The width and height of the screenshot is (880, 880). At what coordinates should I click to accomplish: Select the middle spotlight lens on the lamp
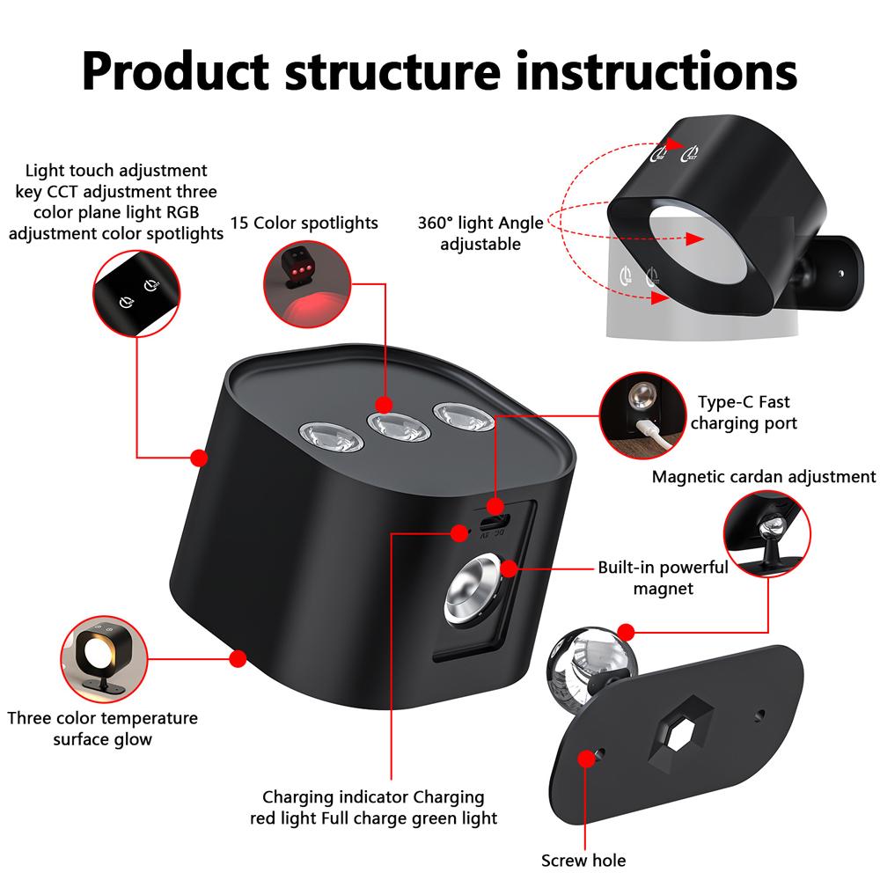(x=399, y=429)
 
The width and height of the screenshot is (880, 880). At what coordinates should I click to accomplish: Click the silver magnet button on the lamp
(x=473, y=589)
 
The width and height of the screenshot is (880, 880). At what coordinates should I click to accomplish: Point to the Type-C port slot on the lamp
(x=493, y=521)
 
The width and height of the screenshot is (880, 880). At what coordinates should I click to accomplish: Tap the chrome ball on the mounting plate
(x=591, y=665)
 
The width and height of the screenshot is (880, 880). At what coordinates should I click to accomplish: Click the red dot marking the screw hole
(x=586, y=759)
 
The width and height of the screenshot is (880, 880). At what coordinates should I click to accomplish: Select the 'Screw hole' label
(x=583, y=860)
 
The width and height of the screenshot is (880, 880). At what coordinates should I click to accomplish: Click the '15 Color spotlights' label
(x=304, y=223)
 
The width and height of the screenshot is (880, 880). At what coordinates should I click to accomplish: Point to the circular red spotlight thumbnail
(x=307, y=284)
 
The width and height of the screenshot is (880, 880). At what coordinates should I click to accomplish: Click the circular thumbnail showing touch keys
(x=136, y=294)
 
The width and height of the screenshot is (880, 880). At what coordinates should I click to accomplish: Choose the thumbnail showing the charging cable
(x=642, y=415)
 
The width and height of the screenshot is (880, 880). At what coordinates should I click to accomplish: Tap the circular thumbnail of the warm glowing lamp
(x=104, y=659)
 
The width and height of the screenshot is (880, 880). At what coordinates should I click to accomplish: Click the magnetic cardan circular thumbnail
(x=767, y=534)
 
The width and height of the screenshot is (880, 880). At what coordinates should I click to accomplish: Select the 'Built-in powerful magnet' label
(x=663, y=577)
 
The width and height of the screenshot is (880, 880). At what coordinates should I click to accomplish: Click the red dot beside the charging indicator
(x=459, y=533)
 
